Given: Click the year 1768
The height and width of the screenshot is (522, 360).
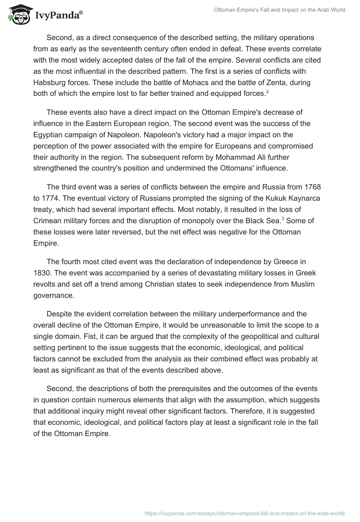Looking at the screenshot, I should tap(318, 174).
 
